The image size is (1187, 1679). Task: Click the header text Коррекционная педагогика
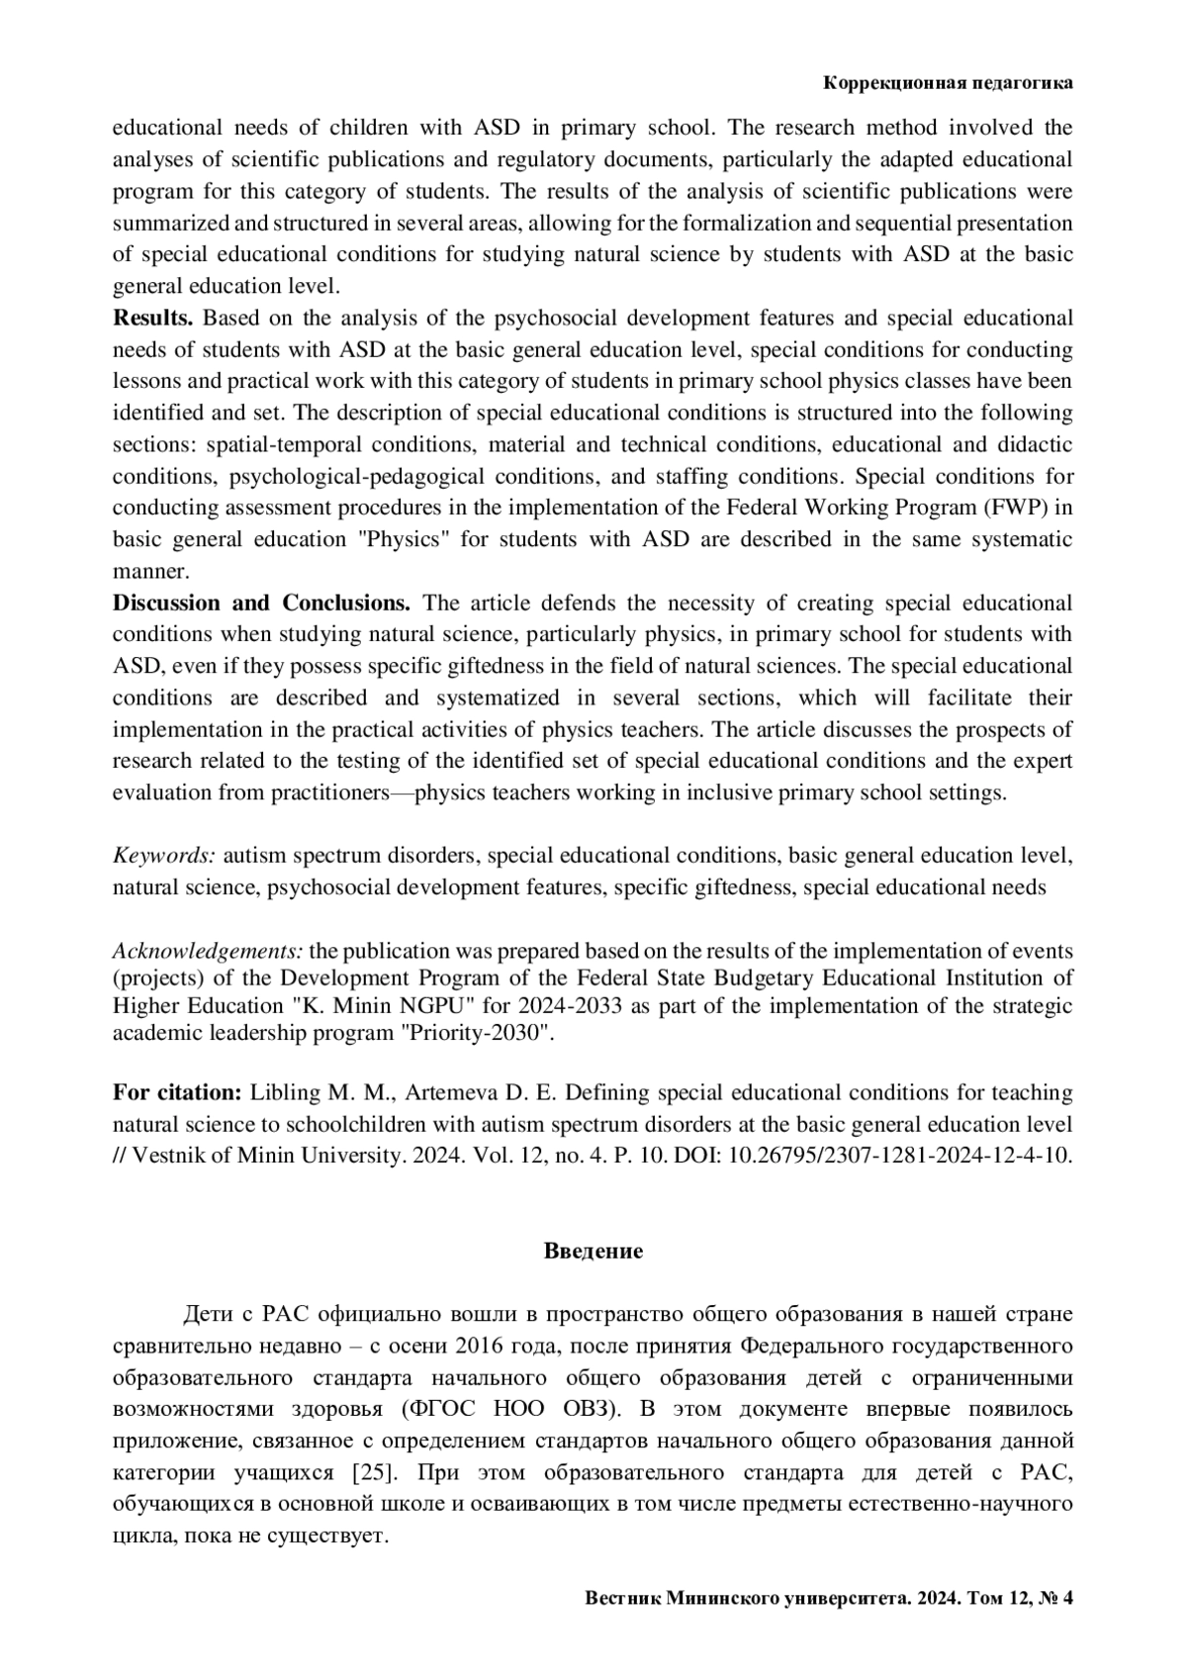click(948, 84)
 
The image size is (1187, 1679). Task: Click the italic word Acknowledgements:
click(208, 951)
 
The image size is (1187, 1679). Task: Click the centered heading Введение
click(593, 1251)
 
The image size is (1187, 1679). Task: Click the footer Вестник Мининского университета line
click(829, 1598)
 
